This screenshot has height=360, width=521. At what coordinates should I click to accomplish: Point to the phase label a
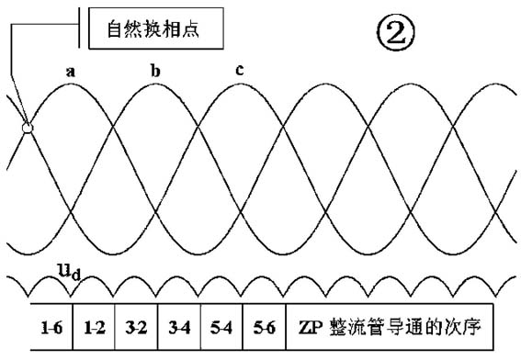pyautogui.click(x=70, y=70)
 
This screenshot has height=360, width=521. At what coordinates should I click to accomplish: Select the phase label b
pyautogui.click(x=153, y=70)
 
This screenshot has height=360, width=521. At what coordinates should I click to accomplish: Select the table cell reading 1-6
pyautogui.click(x=51, y=326)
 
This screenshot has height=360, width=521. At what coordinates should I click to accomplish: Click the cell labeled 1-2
pyautogui.click(x=94, y=326)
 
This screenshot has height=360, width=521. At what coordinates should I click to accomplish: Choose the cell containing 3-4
pyautogui.click(x=179, y=326)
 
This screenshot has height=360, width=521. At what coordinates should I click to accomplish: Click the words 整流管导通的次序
pyautogui.click(x=404, y=326)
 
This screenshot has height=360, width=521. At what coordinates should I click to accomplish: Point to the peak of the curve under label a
pyautogui.click(x=70, y=84)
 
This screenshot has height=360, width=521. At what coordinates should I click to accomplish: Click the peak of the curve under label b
pyautogui.click(x=154, y=84)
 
